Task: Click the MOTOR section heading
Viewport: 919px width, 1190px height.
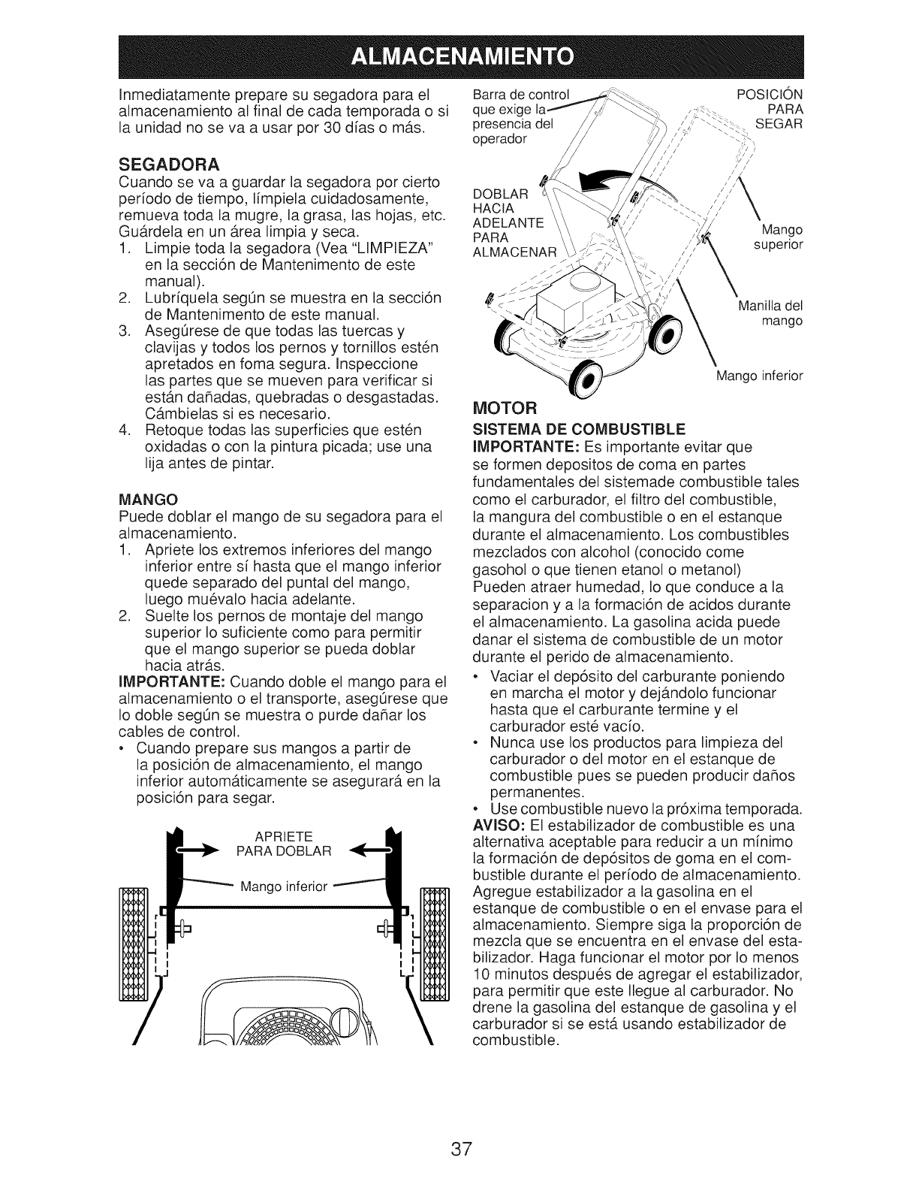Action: (x=505, y=408)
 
